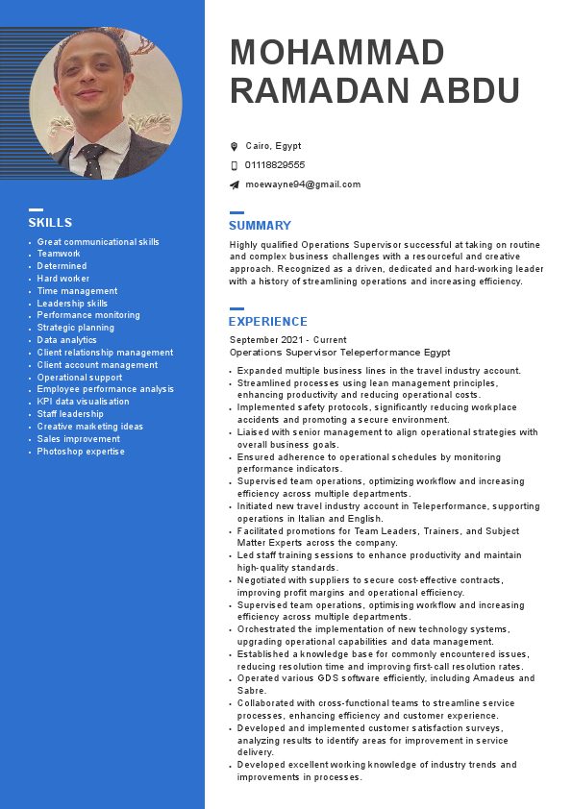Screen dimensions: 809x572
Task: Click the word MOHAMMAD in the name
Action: (x=337, y=52)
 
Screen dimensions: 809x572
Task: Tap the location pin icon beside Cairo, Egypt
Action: (x=234, y=146)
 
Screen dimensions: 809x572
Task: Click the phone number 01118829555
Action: (x=275, y=165)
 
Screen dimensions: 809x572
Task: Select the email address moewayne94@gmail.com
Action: (x=303, y=184)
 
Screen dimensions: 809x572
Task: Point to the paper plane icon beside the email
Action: (x=234, y=184)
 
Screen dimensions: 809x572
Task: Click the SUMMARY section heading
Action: (x=260, y=226)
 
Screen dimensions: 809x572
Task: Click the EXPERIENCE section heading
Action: (x=267, y=322)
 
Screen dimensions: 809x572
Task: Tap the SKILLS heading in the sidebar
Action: (x=50, y=223)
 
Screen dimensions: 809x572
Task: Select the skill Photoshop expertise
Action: (x=81, y=452)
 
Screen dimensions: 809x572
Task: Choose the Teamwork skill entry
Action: (x=59, y=254)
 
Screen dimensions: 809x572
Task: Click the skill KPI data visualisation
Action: (x=83, y=402)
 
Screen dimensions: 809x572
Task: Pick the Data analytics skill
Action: (x=67, y=340)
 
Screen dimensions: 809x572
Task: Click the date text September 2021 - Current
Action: (x=287, y=340)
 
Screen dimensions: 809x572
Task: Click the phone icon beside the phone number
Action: (x=234, y=165)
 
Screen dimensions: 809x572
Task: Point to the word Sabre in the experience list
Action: (x=251, y=691)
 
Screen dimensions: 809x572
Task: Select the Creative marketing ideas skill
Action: (x=90, y=427)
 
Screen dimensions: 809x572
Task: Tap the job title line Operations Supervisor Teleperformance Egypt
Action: (x=339, y=353)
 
